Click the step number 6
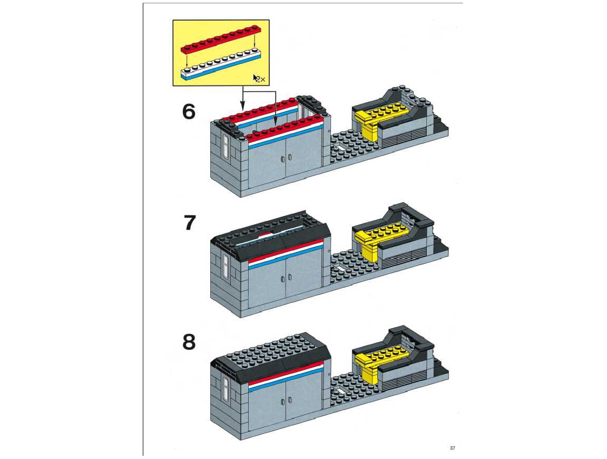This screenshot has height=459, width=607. [x=189, y=112]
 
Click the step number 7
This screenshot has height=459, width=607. [x=189, y=223]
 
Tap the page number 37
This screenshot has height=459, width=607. [x=453, y=448]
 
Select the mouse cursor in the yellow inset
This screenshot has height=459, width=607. [x=255, y=78]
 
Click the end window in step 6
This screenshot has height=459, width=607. [x=226, y=146]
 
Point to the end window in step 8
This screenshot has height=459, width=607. [x=226, y=388]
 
